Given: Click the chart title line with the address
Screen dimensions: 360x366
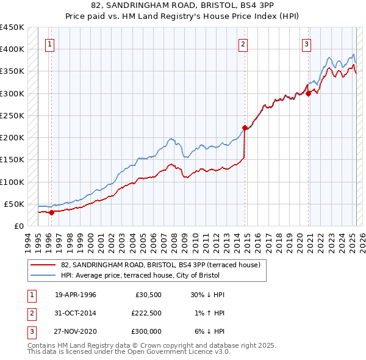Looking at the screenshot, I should point(182,6).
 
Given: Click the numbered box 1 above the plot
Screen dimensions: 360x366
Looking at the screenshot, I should point(49,43).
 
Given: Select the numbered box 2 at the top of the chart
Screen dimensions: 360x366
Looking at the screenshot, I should point(243,43).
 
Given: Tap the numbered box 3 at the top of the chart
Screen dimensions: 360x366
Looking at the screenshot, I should point(306,43).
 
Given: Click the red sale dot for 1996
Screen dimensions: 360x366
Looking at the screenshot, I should point(52,212).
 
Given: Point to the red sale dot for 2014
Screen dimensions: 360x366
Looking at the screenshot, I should point(245,128).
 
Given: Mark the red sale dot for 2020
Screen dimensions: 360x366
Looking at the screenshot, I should point(309,93).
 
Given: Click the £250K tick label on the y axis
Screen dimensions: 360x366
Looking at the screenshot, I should point(12,115).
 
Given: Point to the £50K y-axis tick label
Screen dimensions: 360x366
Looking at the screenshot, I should point(15,204).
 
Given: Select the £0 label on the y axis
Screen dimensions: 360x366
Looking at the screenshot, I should point(18,226).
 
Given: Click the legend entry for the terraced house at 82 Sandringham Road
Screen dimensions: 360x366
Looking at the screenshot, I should point(160,265).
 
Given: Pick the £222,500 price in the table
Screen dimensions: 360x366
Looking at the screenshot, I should point(146,313).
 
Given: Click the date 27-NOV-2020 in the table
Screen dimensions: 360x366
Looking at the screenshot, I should point(76,331).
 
